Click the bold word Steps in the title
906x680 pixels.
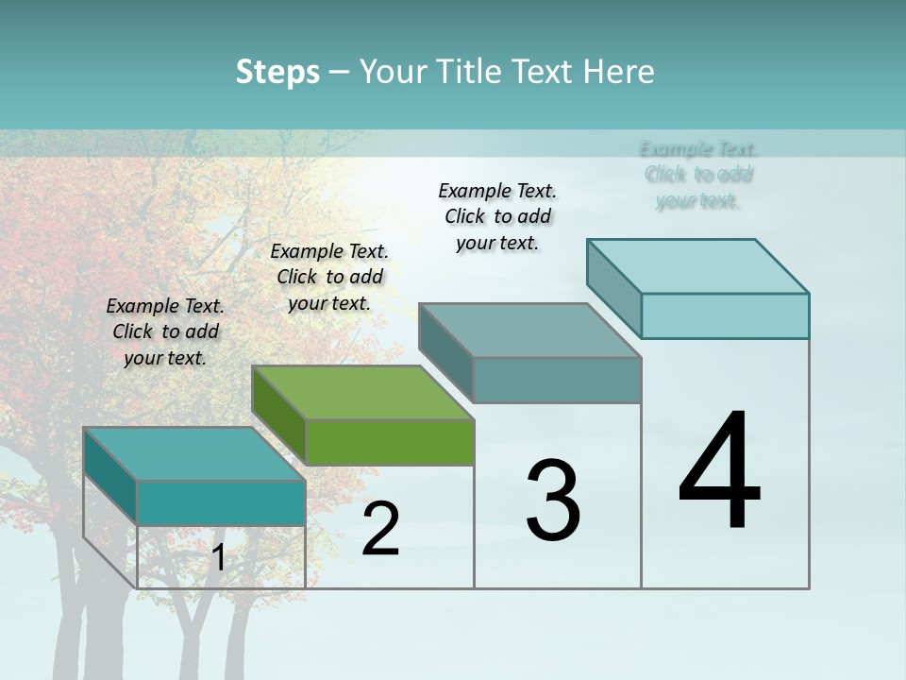[x=277, y=72]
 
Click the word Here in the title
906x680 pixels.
[x=620, y=72]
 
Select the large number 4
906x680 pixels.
[x=719, y=472]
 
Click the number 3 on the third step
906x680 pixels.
[x=553, y=501]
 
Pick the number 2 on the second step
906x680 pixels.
[x=380, y=529]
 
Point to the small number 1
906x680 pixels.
[x=218, y=558]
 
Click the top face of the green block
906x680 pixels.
[x=362, y=392]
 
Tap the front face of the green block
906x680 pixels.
[x=390, y=442]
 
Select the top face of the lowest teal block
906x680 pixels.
[x=193, y=453]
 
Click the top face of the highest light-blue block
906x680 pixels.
[x=698, y=265]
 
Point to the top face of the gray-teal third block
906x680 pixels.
[x=529, y=330]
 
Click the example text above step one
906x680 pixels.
[x=165, y=331]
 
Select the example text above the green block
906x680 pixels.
[x=329, y=277]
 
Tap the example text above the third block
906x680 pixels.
[x=497, y=216]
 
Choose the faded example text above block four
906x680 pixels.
[x=698, y=175]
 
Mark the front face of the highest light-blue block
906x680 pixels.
[x=725, y=315]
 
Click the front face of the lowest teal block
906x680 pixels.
[x=221, y=502]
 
